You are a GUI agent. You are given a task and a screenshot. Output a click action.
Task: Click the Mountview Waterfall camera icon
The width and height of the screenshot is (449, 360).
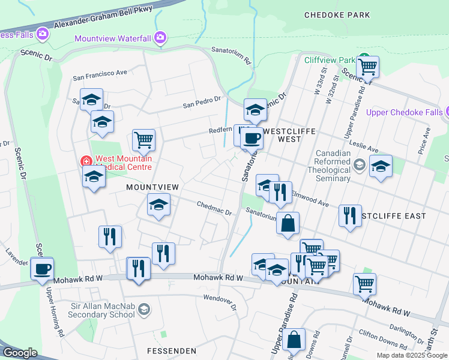pyautogui.click(x=160, y=38)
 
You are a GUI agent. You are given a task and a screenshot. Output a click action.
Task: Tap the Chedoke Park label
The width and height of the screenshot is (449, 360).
pyautogui.click(x=337, y=15)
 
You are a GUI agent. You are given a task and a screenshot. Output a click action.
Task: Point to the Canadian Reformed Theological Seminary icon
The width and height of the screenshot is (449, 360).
pyautogui.click(x=360, y=164)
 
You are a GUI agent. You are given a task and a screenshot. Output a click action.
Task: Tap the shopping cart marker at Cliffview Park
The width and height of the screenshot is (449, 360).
pyautogui.click(x=367, y=66)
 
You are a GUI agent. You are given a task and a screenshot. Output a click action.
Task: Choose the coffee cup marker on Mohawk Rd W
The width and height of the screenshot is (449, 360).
pyautogui.click(x=41, y=268)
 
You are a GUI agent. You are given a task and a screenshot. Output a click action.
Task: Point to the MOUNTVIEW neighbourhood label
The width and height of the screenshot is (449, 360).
pyautogui.click(x=152, y=187)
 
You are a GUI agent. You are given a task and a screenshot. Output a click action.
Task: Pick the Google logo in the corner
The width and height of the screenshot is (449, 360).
pyautogui.click(x=20, y=353)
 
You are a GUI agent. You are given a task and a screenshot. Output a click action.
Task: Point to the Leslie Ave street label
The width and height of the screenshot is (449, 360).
pyautogui.click(x=364, y=148)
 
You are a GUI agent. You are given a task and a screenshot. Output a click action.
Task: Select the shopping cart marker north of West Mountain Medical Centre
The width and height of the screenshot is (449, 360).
pyautogui.click(x=143, y=140)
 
